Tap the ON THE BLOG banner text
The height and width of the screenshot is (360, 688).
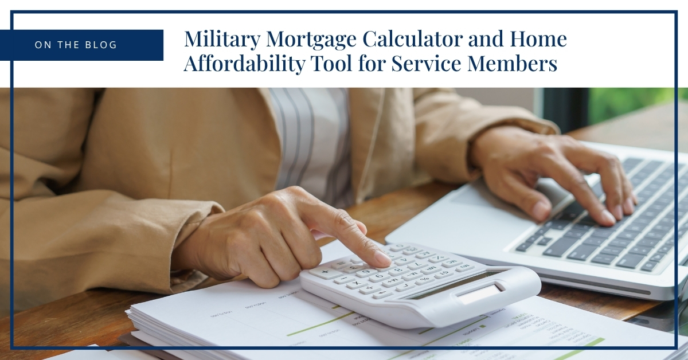(x=76, y=45)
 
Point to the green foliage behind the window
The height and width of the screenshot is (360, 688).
(x=631, y=103)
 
